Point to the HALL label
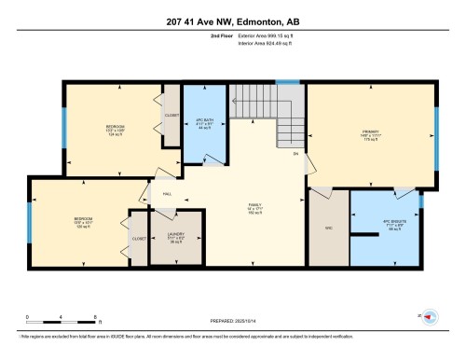[x=166, y=193]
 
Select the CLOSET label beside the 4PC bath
[x=171, y=116]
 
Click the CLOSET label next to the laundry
[x=139, y=238]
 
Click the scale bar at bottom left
[x=52, y=319]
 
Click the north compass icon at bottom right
[x=430, y=317]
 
